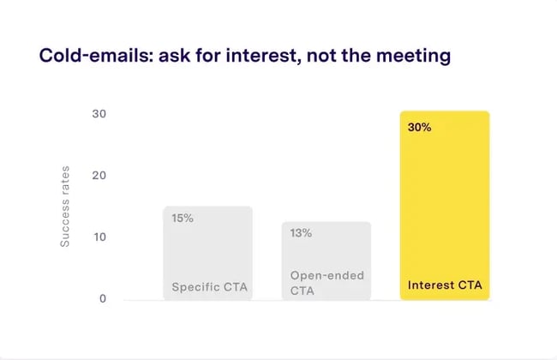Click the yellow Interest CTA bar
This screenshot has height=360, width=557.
pyautogui.click(x=445, y=206)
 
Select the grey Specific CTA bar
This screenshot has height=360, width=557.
pyautogui.click(x=208, y=253)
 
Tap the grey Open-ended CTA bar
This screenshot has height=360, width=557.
pyautogui.click(x=326, y=257)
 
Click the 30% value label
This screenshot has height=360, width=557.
pyautogui.click(x=420, y=128)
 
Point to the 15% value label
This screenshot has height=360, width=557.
pyautogui.click(x=183, y=219)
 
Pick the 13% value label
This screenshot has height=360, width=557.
pyautogui.click(x=301, y=233)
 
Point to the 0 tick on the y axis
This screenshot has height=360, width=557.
pyautogui.click(x=101, y=299)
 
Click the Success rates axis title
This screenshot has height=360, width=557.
pyautogui.click(x=65, y=207)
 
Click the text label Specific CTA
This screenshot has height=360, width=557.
pyautogui.click(x=209, y=287)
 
